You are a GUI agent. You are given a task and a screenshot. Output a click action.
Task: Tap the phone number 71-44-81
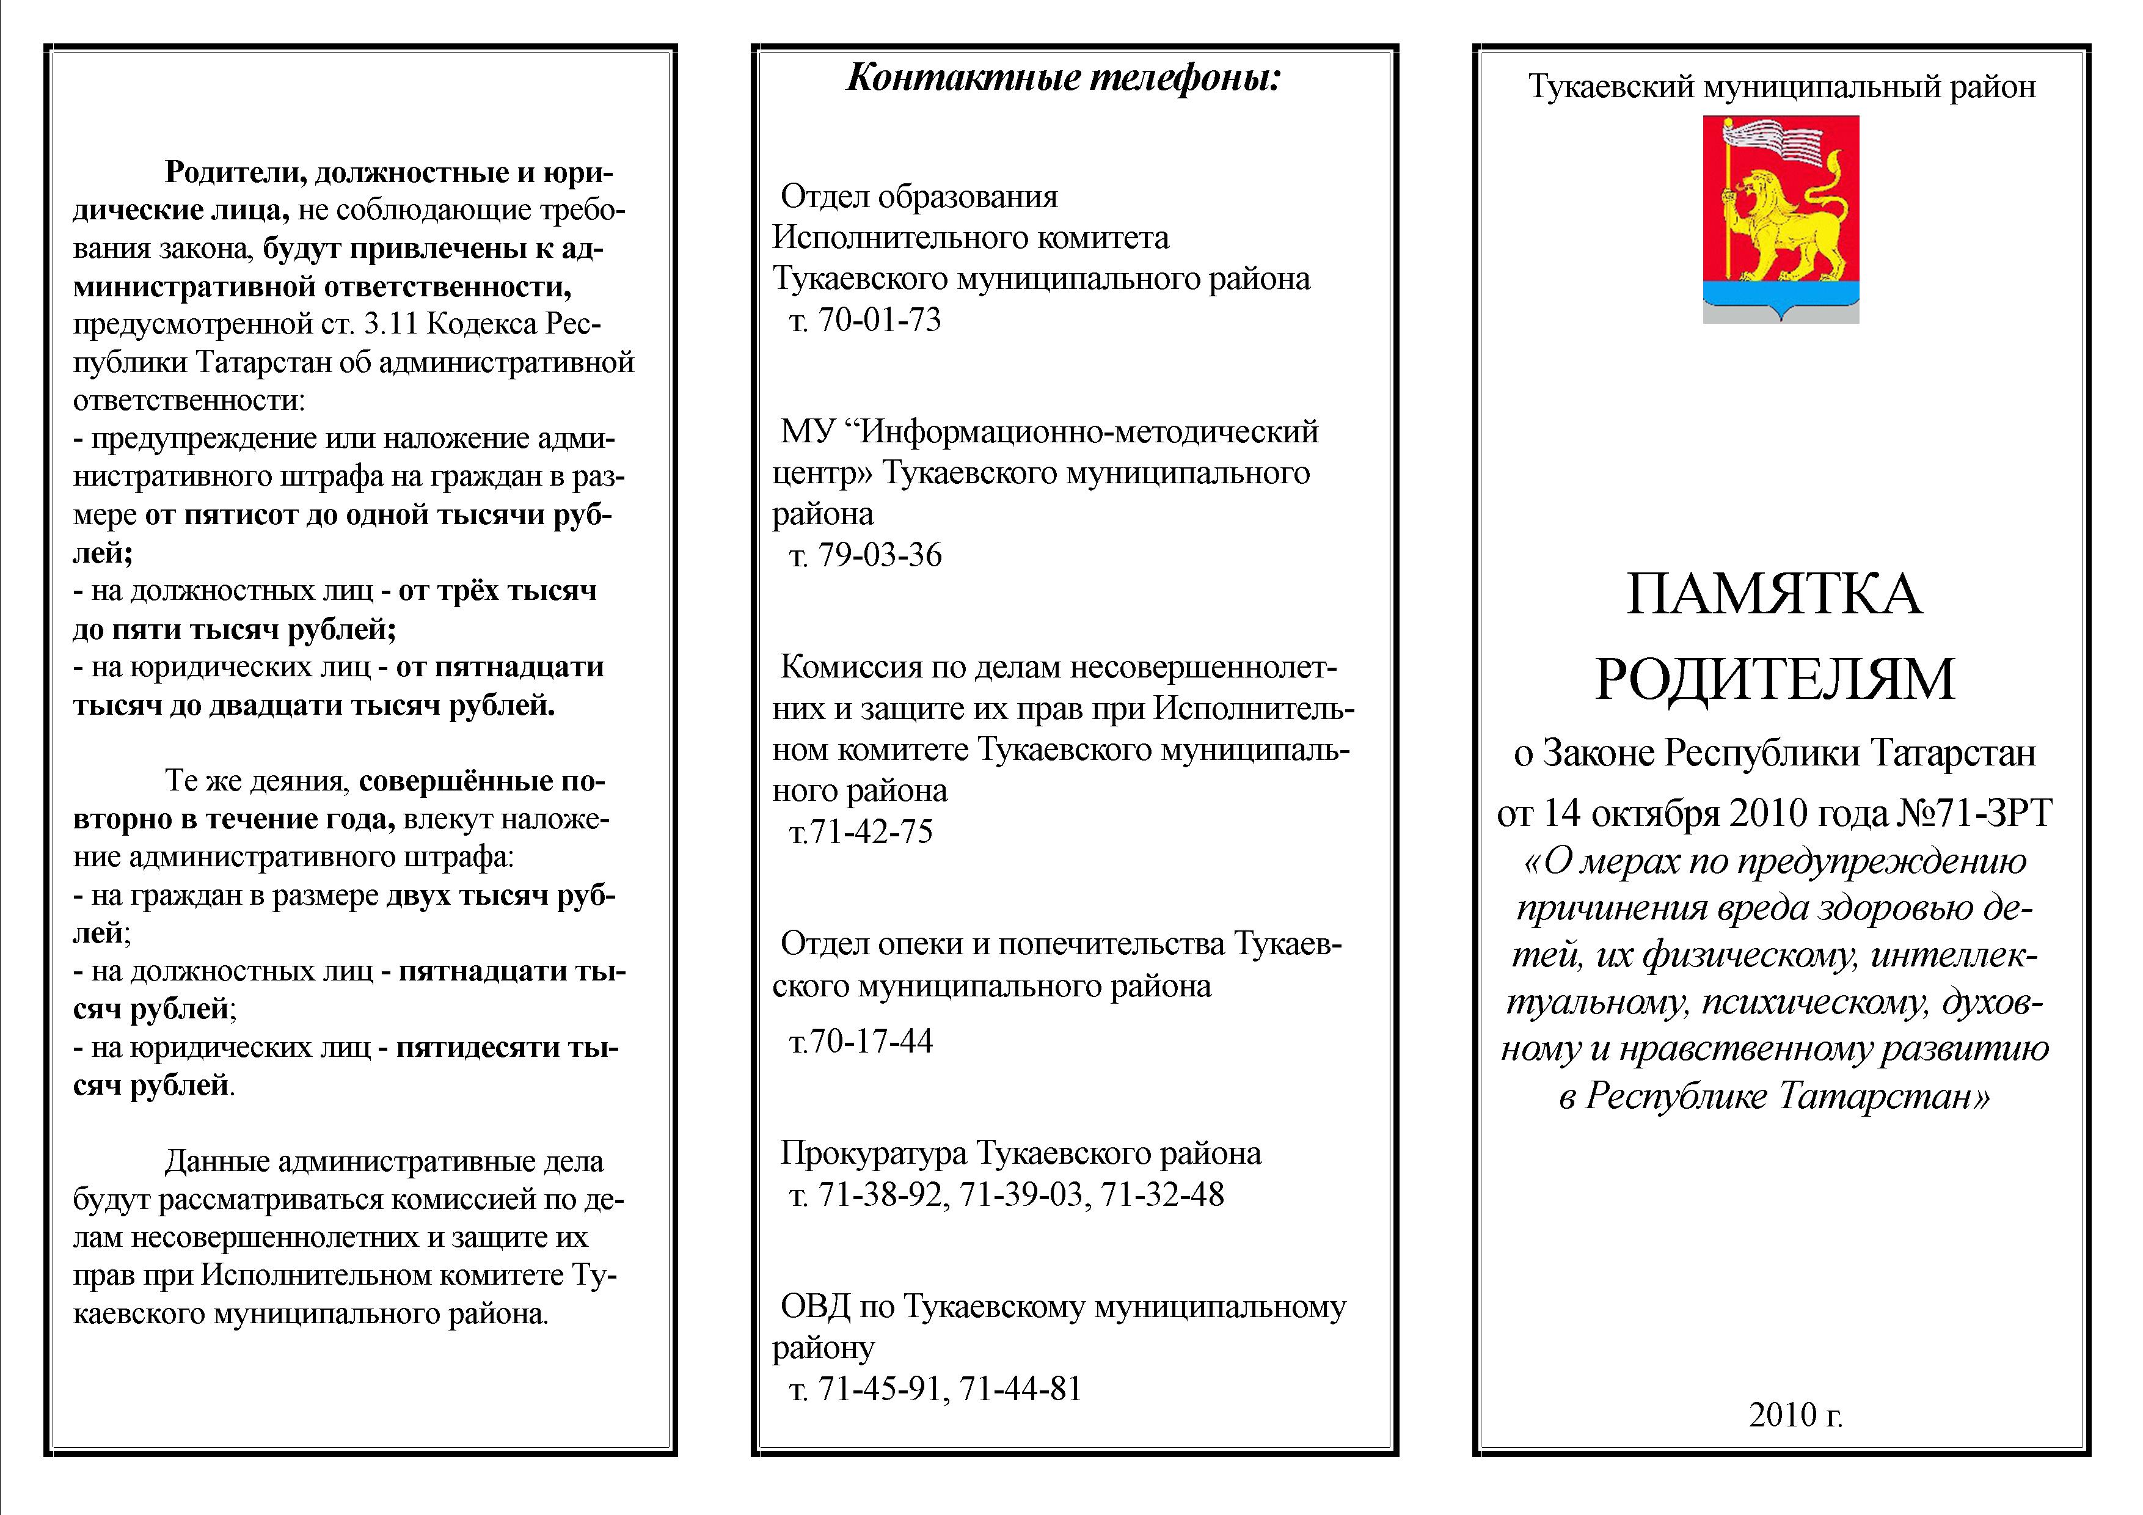tap(1020, 1389)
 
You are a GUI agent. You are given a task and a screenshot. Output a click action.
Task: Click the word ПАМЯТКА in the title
tap(1773, 594)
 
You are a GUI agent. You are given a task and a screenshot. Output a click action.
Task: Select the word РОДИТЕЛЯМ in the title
tap(1773, 679)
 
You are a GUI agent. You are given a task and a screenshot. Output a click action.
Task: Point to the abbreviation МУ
tap(806, 432)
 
